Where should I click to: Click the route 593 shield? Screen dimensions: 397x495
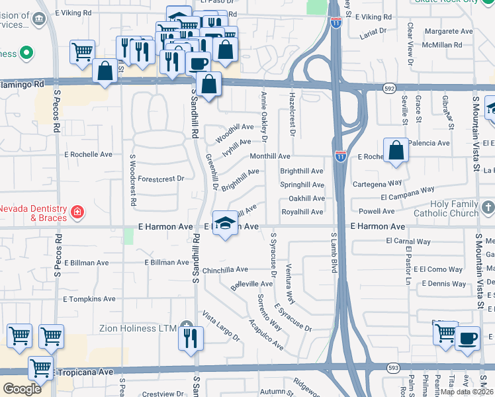pos(393,367)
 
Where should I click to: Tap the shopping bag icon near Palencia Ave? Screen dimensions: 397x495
pos(396,150)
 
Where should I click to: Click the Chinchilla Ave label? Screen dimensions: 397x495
pos(225,269)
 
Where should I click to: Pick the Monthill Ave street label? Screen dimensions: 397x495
pos(270,156)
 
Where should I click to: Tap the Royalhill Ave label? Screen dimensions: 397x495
pos(302,212)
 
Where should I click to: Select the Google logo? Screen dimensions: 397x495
pos(22,388)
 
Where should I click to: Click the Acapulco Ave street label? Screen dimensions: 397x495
pos(266,333)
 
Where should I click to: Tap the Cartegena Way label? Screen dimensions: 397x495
pos(377,183)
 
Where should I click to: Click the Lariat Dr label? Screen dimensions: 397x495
pos(375,30)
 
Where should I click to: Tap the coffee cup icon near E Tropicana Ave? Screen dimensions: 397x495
pos(467,337)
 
